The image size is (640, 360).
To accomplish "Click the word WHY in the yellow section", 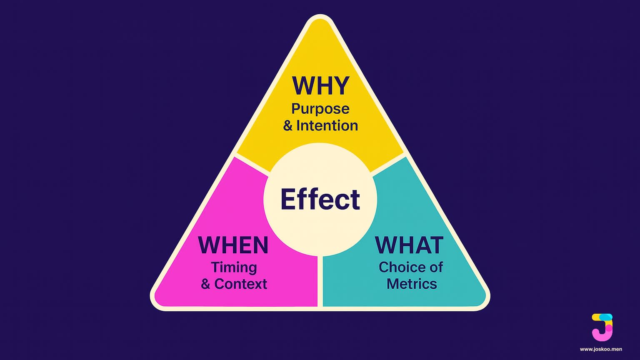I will [320, 85].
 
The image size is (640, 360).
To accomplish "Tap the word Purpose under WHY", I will [320, 109].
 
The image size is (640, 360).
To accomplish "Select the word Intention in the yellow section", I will [327, 125].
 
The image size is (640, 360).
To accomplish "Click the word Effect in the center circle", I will [320, 199].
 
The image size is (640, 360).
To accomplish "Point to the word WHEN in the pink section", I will [233, 245].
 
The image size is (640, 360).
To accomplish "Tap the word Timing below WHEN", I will [234, 267].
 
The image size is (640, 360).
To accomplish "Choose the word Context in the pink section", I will [240, 284].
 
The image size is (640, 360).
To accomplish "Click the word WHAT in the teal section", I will [409, 245].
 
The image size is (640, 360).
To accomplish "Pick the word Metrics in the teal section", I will [412, 284].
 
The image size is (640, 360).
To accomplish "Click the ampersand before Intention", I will [288, 126].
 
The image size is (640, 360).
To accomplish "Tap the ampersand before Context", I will [205, 285].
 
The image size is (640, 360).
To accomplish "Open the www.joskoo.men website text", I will [601, 349].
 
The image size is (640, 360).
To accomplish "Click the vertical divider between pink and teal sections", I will [320, 281].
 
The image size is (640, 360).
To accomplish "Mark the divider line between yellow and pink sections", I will [252, 164].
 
